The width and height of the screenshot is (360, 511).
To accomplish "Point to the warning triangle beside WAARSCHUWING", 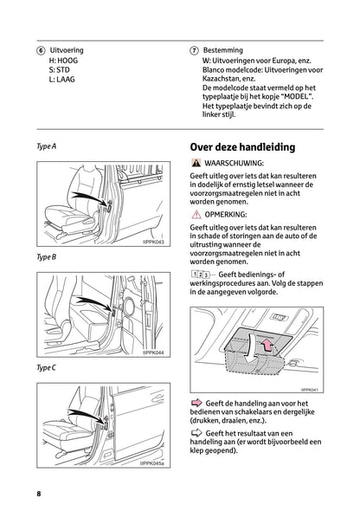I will pyautogui.click(x=197, y=163).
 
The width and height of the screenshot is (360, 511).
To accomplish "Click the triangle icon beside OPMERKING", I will pyautogui.click(x=197, y=212).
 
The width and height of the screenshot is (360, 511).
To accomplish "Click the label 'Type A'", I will pyautogui.click(x=46, y=146).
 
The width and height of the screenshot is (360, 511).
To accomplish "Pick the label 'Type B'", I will pyautogui.click(x=46, y=258).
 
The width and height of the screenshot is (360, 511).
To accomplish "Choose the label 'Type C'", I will pyautogui.click(x=46, y=368).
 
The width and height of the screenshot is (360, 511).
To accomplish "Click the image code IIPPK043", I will pyautogui.click(x=154, y=241).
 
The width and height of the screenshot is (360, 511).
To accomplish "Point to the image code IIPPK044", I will pyautogui.click(x=154, y=353).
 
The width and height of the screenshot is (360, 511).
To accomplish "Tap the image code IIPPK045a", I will pyautogui.click(x=152, y=464).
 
